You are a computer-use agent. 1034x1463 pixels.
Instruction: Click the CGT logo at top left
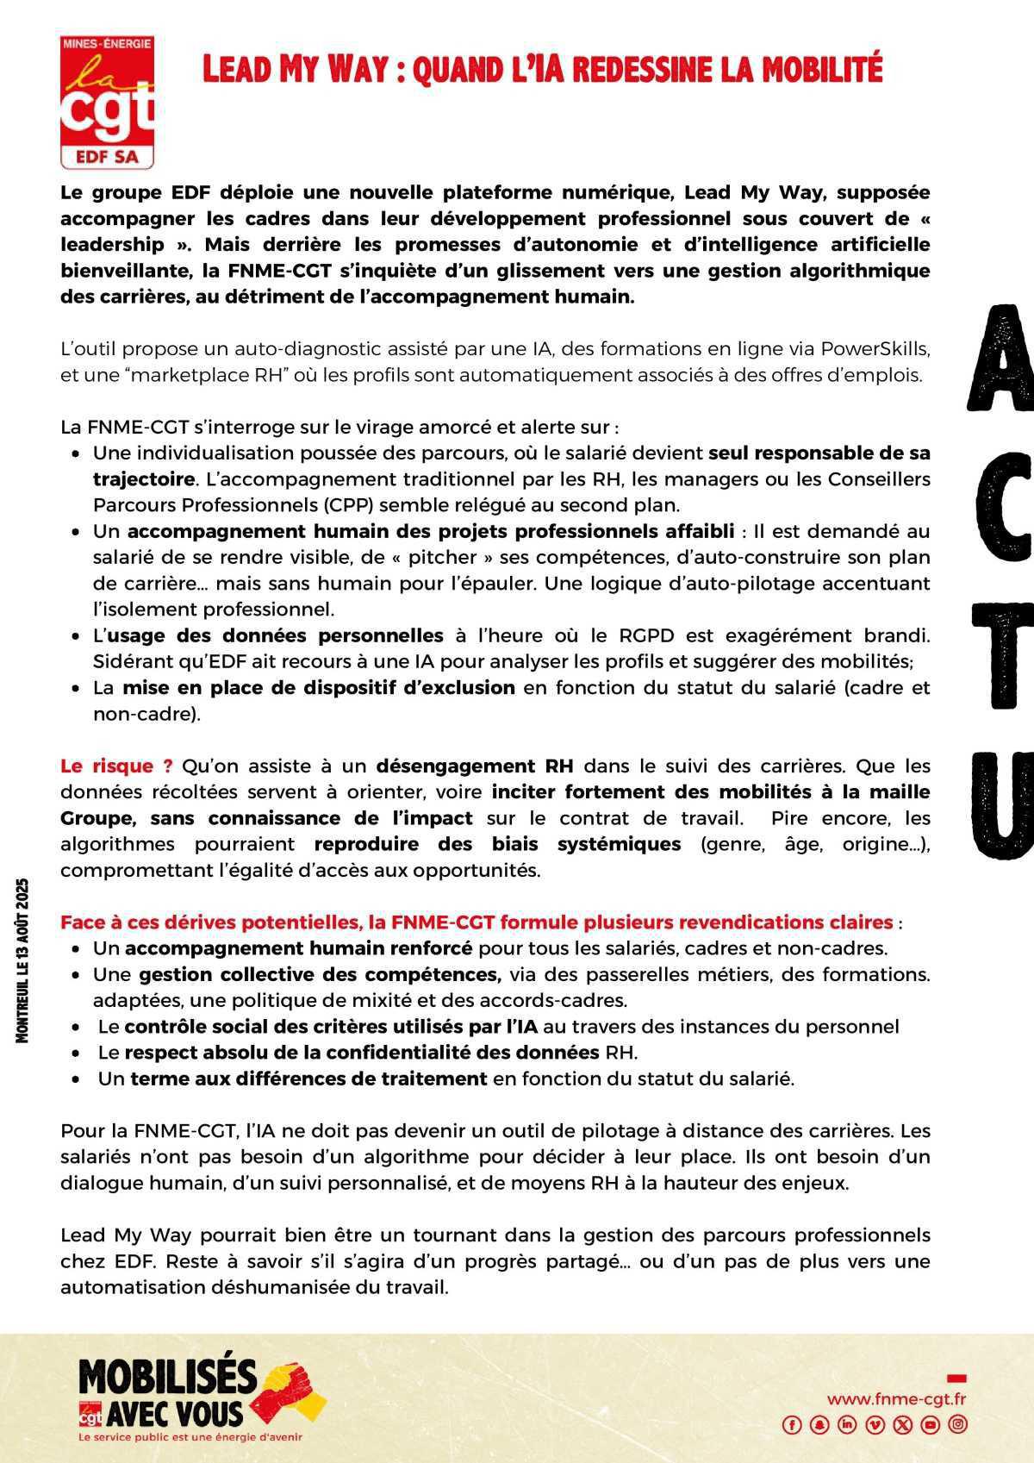107,101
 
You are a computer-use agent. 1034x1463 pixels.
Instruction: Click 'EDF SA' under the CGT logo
108,157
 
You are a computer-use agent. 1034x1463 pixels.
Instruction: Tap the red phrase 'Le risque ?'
116,766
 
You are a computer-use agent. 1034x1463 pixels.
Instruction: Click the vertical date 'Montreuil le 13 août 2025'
23,960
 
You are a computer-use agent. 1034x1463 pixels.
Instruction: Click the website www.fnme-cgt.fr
896,1398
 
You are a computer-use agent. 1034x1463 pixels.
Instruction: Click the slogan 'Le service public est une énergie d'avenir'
190,1437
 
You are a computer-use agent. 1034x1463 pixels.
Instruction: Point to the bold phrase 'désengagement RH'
475,766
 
